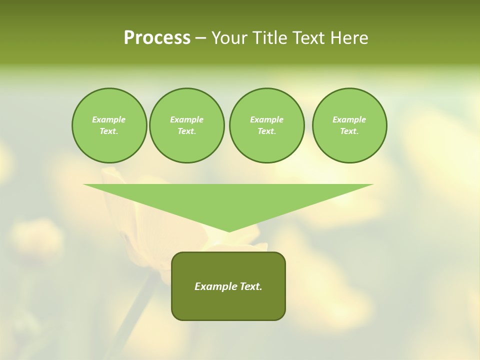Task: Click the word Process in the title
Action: (157, 38)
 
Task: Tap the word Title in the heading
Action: (271, 38)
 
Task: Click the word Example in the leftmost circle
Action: (109, 119)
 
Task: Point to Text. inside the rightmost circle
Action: (349, 131)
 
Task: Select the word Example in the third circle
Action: (266, 119)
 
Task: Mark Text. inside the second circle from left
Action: (186, 131)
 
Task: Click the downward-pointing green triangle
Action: (228, 200)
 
